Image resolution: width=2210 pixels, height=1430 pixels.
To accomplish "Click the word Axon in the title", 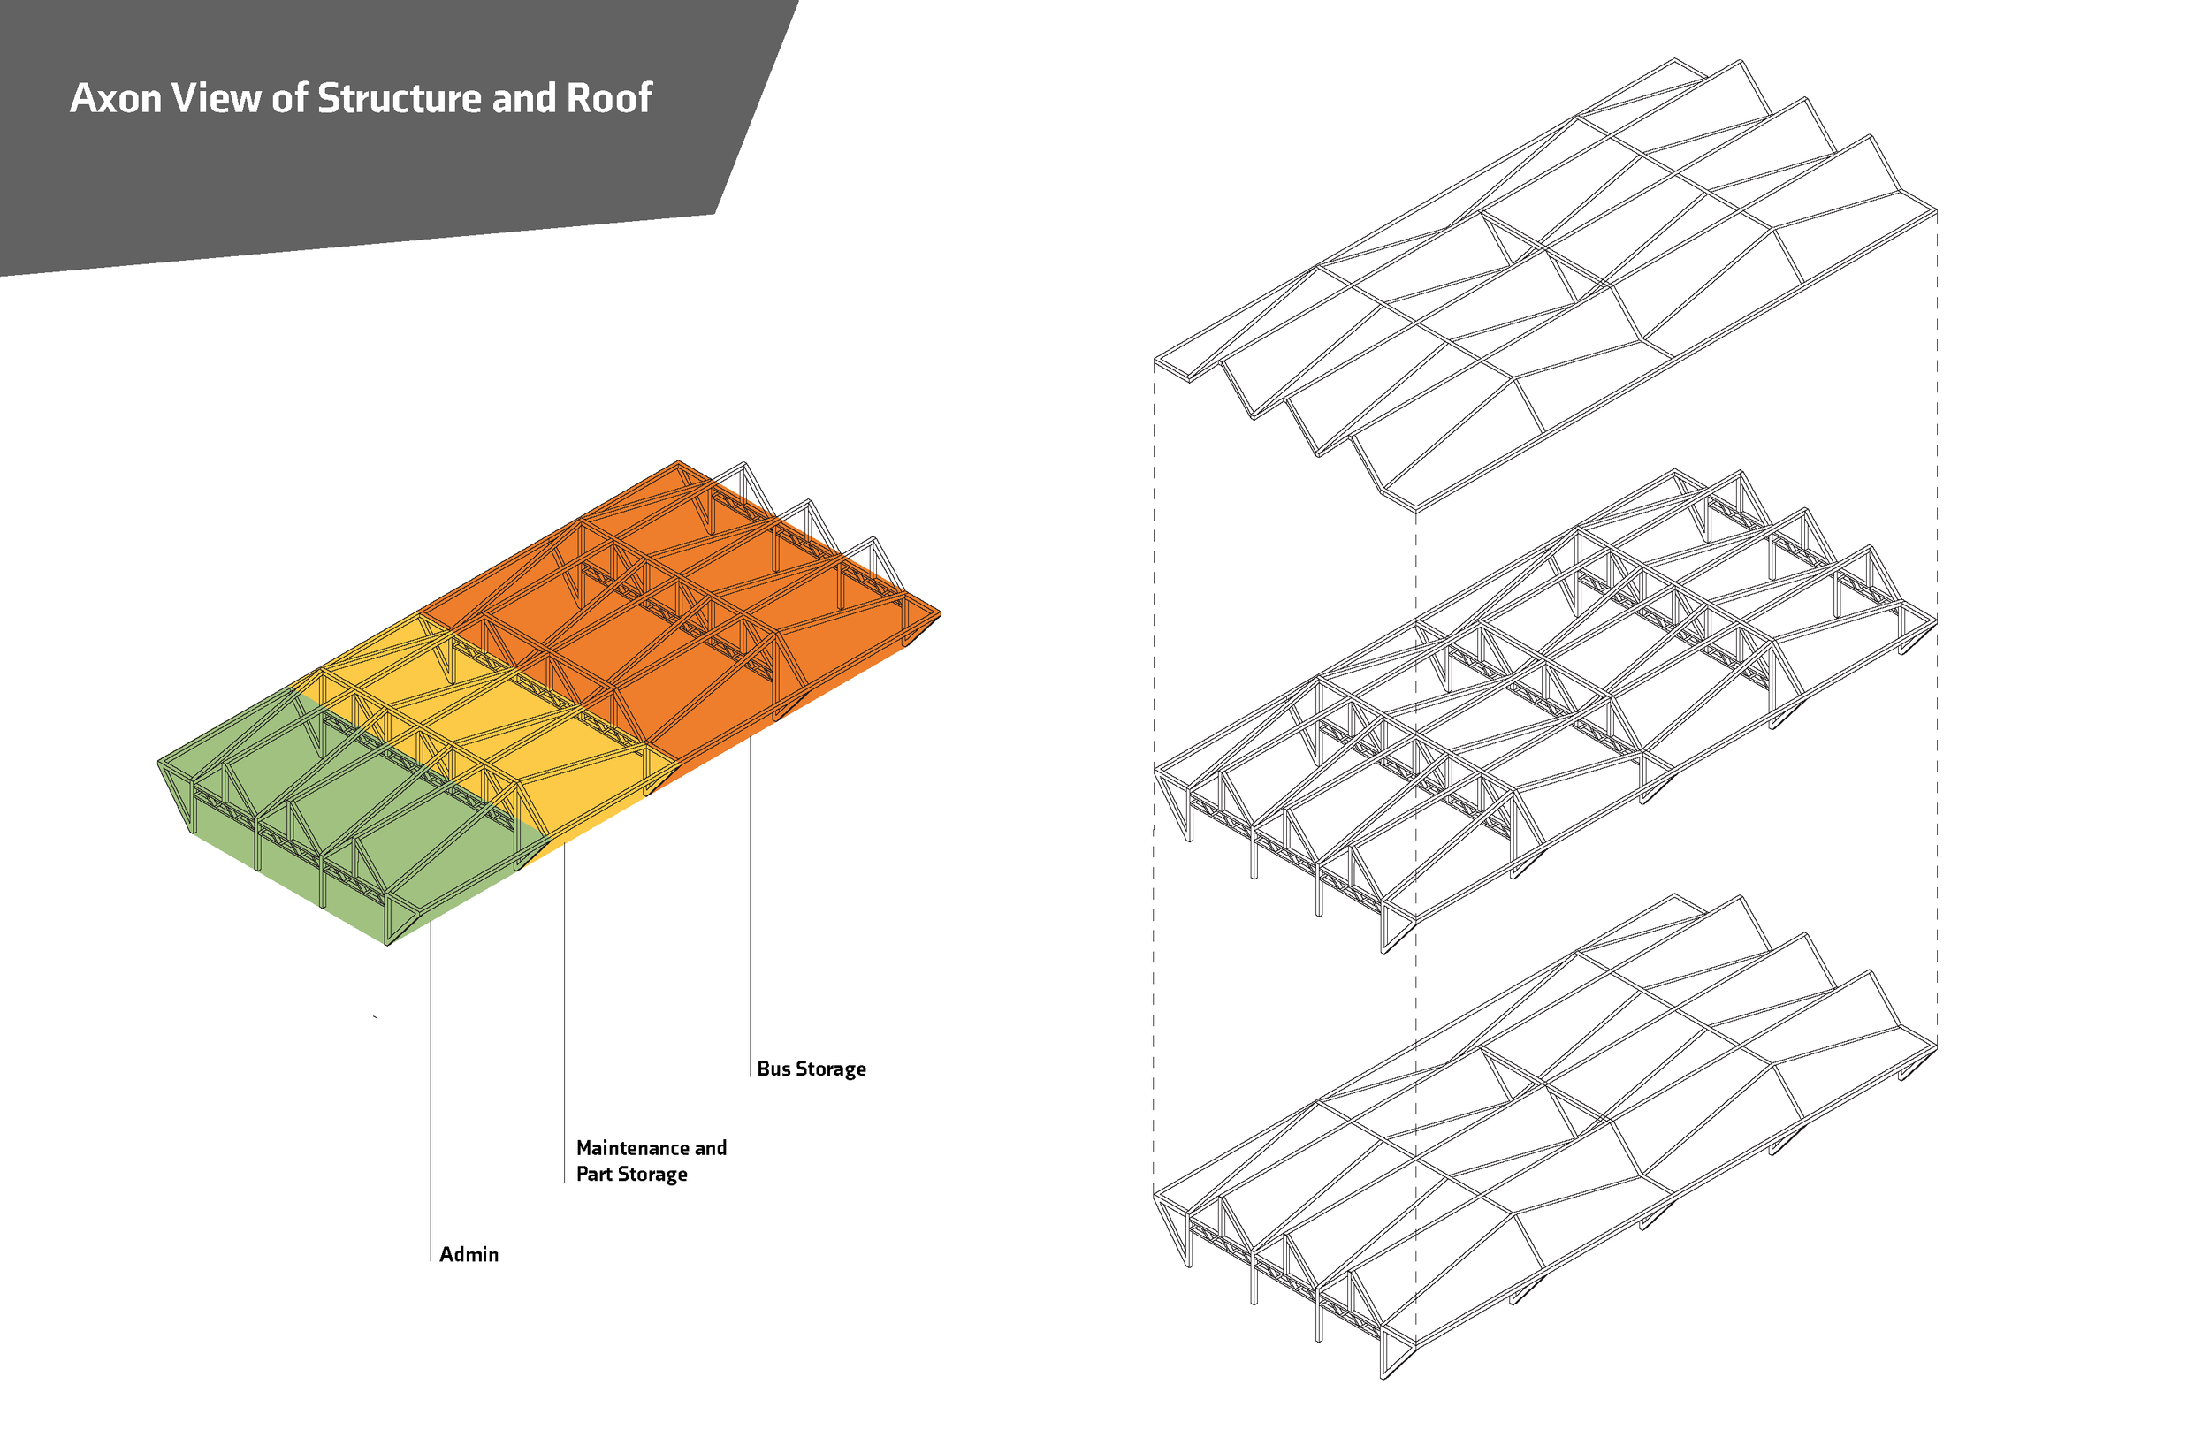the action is coord(116,98).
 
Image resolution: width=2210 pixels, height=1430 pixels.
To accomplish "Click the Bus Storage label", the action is coord(812,1069).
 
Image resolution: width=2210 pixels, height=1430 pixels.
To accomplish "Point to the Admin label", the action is coord(469,1254).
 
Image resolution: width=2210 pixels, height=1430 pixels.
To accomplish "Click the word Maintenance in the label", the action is coord(633,1148).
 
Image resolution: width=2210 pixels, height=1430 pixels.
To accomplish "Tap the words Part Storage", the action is coord(631,1174).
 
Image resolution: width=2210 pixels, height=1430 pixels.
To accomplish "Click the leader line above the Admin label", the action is coord(431,1092).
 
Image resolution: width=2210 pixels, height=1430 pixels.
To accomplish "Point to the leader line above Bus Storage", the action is coord(751,906).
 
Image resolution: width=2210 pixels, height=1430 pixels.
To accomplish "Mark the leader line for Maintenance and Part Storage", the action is coord(565,1012).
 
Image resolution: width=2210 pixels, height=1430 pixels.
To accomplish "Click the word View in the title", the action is coord(216,98).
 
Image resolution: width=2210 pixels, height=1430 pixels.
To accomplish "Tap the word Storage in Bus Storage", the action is coord(831,1069).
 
